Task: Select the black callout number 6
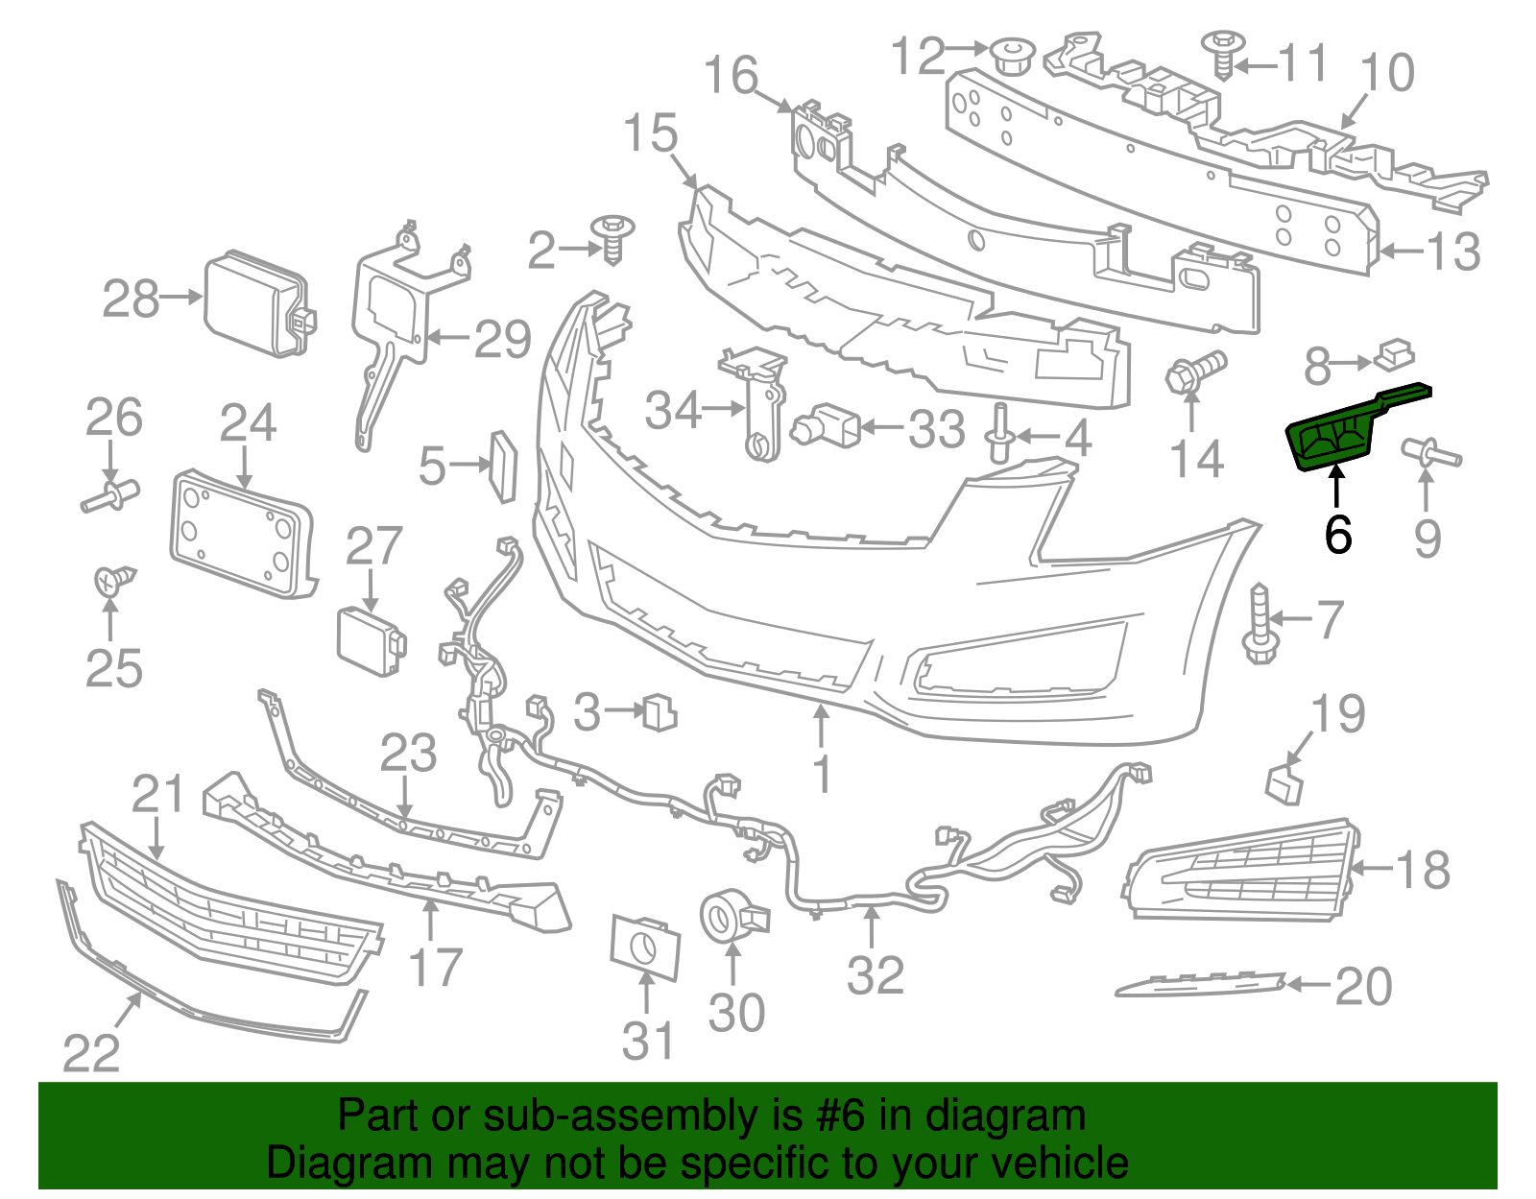(1337, 536)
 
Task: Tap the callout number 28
(131, 299)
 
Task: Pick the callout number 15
(650, 134)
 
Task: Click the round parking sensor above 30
(731, 918)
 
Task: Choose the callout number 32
(875, 976)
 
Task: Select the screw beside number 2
(613, 236)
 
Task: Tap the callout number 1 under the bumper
(822, 774)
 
